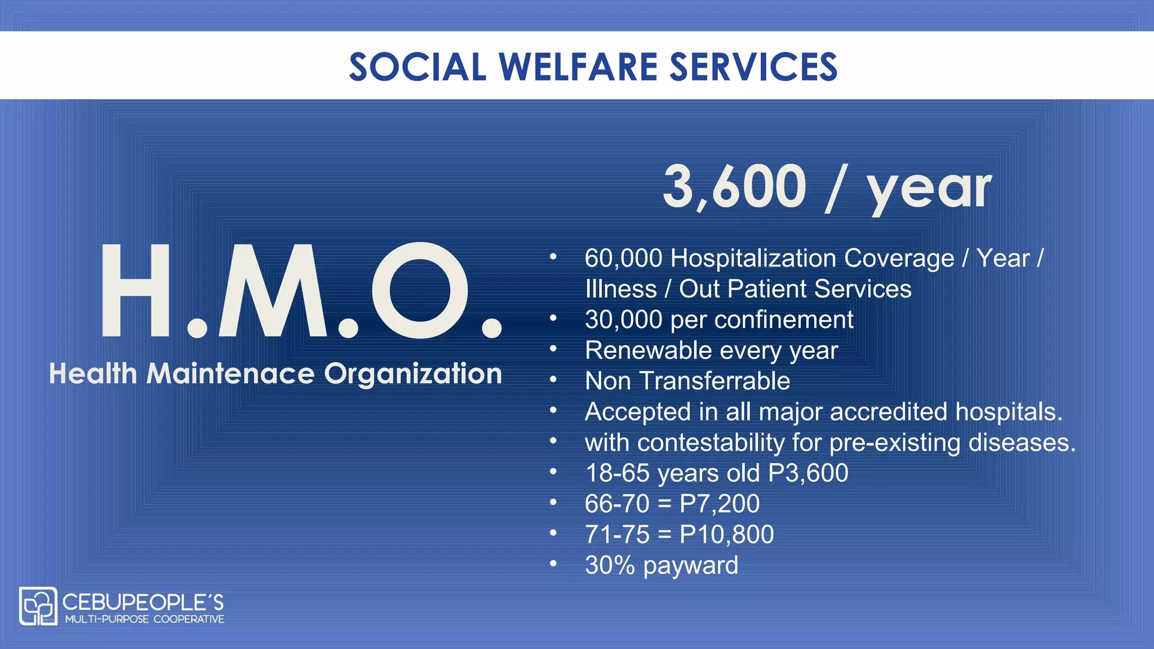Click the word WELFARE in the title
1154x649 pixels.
click(x=578, y=67)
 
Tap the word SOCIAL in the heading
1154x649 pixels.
click(x=418, y=67)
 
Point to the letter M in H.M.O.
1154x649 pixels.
click(x=273, y=291)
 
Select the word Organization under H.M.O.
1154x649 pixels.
click(x=412, y=375)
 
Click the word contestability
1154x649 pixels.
click(x=711, y=443)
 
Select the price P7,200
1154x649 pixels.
click(x=720, y=504)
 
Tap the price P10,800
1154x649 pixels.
click(x=727, y=535)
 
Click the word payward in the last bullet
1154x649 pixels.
click(x=690, y=566)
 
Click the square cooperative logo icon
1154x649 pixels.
click(x=38, y=606)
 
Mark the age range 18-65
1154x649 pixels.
click(x=618, y=473)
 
